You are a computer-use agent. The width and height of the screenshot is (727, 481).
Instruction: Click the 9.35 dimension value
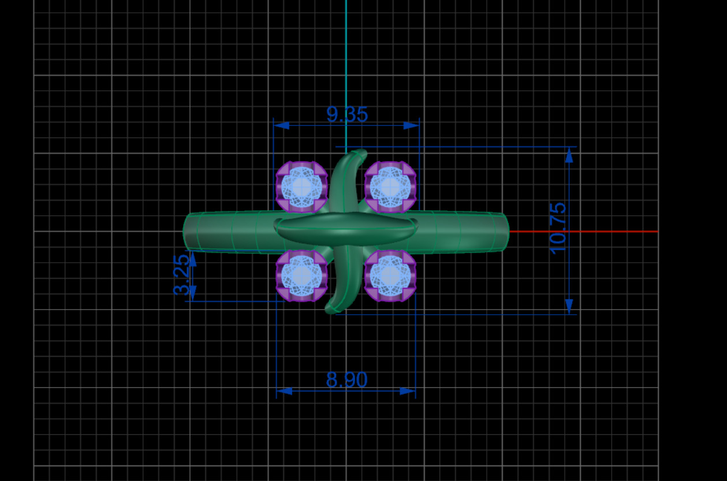[x=347, y=114]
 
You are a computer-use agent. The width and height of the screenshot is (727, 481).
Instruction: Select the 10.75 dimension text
[x=558, y=228]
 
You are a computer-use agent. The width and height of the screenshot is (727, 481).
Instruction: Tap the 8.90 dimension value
[x=346, y=380]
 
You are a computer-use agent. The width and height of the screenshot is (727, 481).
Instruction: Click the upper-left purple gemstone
[x=301, y=187]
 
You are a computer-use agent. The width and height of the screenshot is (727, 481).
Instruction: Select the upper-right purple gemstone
[x=390, y=187]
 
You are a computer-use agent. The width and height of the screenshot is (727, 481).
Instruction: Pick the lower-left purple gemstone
[x=301, y=276]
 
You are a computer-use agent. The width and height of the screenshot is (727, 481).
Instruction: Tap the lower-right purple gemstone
[x=390, y=276]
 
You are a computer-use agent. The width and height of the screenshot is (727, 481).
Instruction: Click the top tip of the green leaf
[x=360, y=154]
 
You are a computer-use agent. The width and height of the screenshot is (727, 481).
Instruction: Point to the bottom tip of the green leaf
[x=331, y=310]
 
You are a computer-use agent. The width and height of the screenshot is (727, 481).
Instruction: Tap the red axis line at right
[x=583, y=232]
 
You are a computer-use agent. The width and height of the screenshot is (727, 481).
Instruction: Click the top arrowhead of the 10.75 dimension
[x=569, y=155]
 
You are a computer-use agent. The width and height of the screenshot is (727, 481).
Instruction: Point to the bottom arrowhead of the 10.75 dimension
[x=569, y=307]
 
